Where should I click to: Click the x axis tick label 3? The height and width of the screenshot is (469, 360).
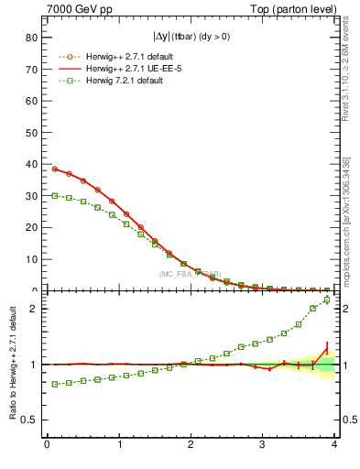point(263,445)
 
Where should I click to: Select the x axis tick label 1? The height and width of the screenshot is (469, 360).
point(119,445)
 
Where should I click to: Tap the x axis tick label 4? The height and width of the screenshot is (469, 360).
point(335,445)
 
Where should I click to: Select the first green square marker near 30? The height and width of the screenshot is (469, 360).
point(54,195)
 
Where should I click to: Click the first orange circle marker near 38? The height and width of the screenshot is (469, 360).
point(54,169)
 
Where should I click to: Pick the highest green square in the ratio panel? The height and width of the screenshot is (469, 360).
point(327,300)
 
